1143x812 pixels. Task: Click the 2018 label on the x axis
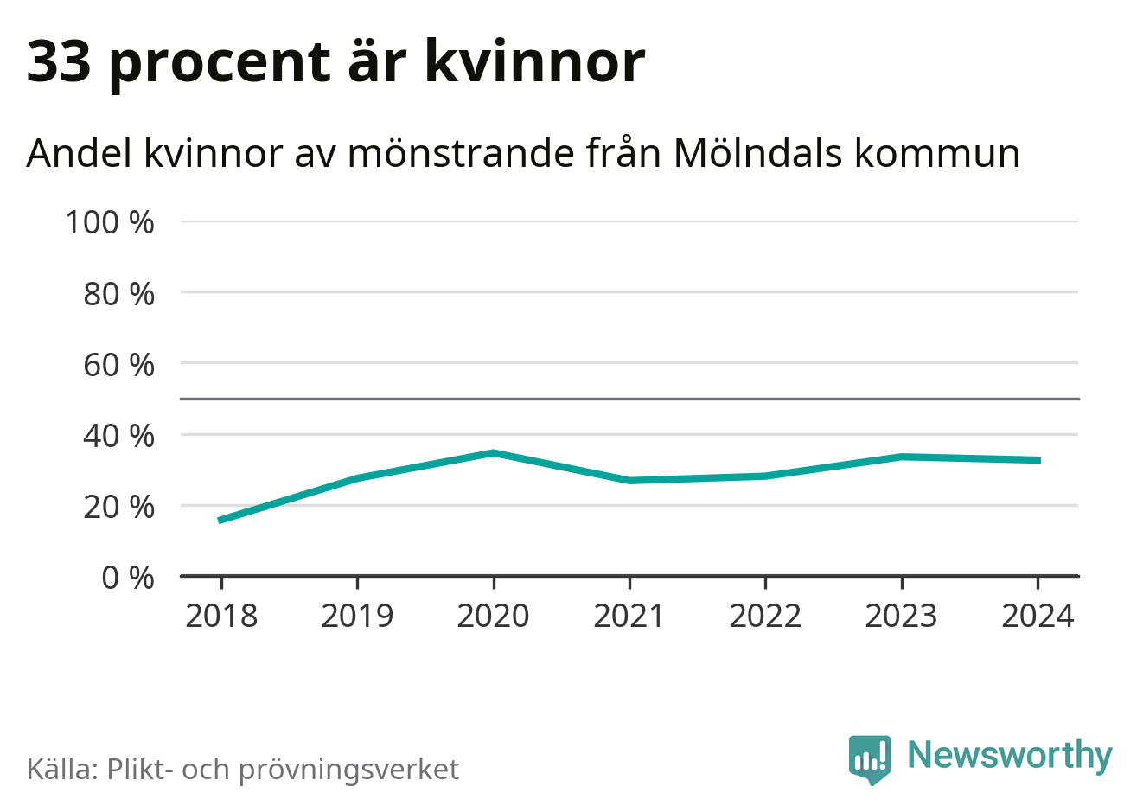click(221, 616)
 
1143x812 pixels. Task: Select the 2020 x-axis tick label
click(493, 616)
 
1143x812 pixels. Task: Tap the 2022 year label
click(765, 616)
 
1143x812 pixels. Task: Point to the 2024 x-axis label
click(1038, 616)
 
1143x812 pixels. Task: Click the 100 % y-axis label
click(110, 222)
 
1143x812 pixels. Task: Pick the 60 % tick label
click(118, 365)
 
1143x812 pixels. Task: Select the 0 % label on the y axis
click(128, 577)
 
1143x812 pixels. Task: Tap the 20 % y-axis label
click(118, 506)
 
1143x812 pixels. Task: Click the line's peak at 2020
click(493, 452)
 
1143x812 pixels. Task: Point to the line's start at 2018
click(221, 521)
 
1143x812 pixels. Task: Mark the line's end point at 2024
click(1038, 460)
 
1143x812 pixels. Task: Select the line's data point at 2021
click(629, 480)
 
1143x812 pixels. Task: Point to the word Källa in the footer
click(61, 768)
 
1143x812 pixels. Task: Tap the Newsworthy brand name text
click(1009, 755)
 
